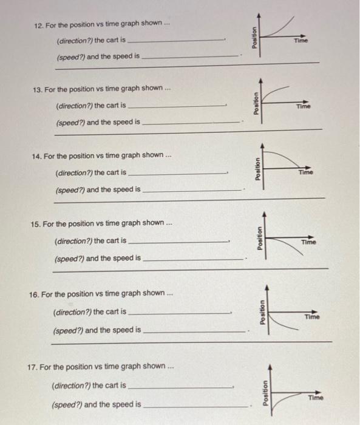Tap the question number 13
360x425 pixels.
(38, 89)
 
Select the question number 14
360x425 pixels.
(36, 156)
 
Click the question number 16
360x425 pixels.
(34, 294)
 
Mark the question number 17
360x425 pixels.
(33, 367)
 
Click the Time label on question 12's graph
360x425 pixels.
(301, 40)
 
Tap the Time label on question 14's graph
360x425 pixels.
(306, 172)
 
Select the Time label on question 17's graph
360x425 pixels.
(316, 398)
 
